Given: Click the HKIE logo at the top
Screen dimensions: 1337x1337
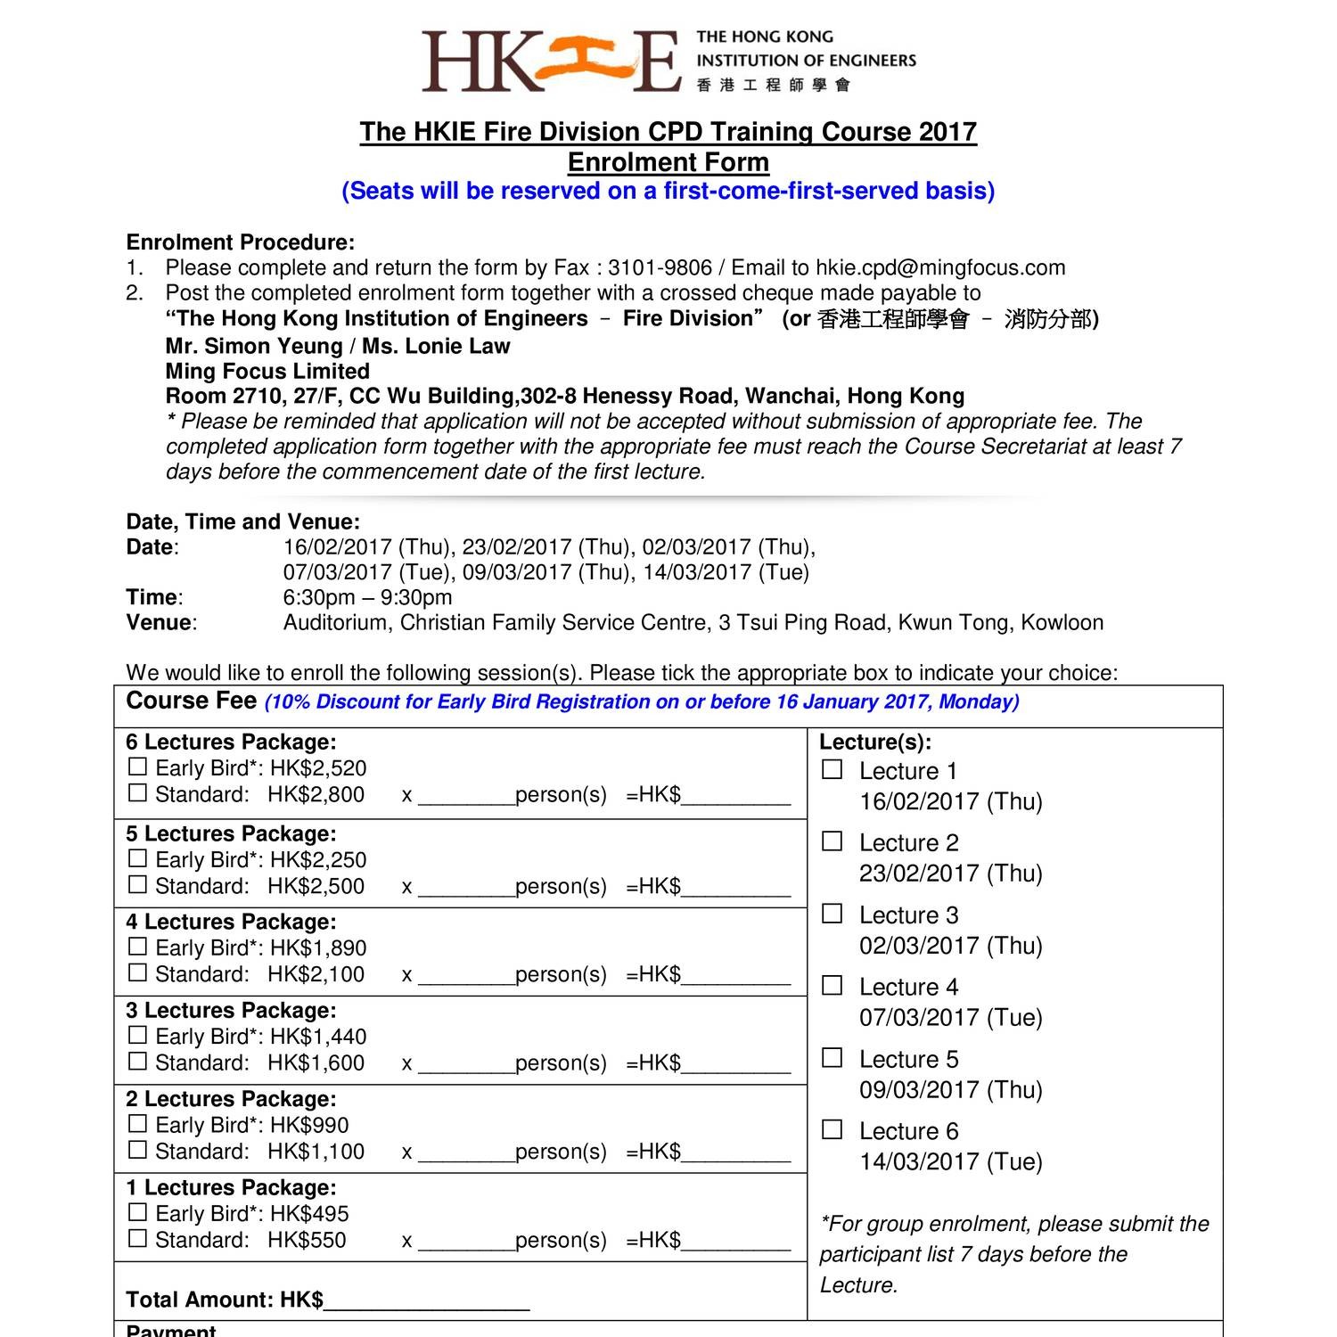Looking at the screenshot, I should tap(668, 61).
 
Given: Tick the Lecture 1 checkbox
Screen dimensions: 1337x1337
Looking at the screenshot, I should tap(832, 769).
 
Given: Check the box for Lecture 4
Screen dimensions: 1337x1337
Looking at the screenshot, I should tap(832, 985).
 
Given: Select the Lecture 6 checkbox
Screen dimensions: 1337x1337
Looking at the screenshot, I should tap(832, 1129).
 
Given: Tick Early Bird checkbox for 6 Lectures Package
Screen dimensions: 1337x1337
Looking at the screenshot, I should tap(137, 767).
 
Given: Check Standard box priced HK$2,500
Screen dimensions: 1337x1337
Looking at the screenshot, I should tap(137, 884).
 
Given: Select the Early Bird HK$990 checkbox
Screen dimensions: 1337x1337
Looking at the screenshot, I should tap(137, 1123).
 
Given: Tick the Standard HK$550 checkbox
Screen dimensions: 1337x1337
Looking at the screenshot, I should tap(137, 1238).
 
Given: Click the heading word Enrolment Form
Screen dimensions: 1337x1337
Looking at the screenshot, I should tap(668, 162).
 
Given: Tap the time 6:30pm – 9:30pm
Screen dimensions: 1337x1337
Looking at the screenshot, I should tap(367, 597).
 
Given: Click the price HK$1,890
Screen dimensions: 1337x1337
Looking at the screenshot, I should tap(318, 947).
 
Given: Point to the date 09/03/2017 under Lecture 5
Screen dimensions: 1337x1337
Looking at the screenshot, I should tap(950, 1089).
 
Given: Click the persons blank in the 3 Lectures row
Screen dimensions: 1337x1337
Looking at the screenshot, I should tap(466, 1064).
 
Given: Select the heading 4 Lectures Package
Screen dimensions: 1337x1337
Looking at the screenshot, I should tap(231, 922).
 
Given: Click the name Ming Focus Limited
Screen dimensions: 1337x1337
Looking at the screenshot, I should tap(267, 371).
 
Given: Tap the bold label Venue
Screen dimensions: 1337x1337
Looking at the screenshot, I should tap(160, 622).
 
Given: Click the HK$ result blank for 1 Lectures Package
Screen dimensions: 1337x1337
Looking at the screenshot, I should tap(735, 1242).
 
